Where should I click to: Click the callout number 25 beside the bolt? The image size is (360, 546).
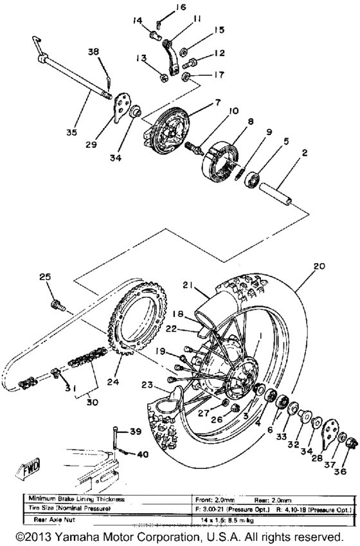(x=44, y=277)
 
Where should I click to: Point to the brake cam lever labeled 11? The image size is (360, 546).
(x=169, y=61)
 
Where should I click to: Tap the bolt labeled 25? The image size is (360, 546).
(x=57, y=301)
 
